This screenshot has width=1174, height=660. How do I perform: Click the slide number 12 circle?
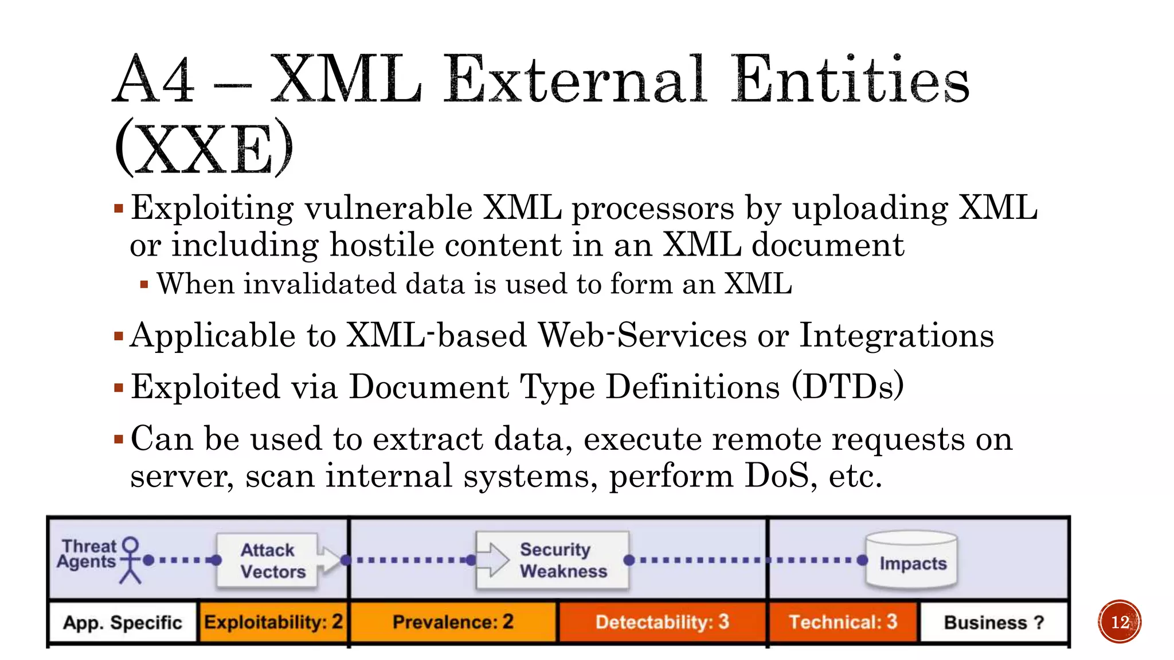[1120, 622]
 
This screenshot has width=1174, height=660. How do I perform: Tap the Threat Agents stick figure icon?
[131, 560]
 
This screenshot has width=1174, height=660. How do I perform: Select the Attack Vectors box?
[267, 560]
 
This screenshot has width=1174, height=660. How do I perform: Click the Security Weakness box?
[553, 560]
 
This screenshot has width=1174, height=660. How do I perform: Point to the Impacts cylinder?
[911, 561]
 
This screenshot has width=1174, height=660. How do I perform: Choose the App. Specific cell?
[123, 622]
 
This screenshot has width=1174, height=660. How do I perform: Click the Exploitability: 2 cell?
[273, 622]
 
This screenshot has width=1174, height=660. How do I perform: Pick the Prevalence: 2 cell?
[453, 622]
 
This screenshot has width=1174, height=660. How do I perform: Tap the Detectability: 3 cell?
[662, 622]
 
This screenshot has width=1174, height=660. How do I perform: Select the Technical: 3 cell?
[843, 622]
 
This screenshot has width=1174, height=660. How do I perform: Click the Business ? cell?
[993, 622]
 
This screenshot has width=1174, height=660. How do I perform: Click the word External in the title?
[573, 80]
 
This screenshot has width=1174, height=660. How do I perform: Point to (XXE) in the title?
[204, 149]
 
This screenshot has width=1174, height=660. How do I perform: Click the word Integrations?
[897, 335]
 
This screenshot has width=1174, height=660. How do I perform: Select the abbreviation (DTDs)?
[847, 387]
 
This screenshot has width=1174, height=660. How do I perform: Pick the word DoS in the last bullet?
[776, 476]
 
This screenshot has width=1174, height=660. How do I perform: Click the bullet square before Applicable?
[119, 336]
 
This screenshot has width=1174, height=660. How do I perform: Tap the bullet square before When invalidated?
[144, 284]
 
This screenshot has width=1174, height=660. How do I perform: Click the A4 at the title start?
[154, 80]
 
